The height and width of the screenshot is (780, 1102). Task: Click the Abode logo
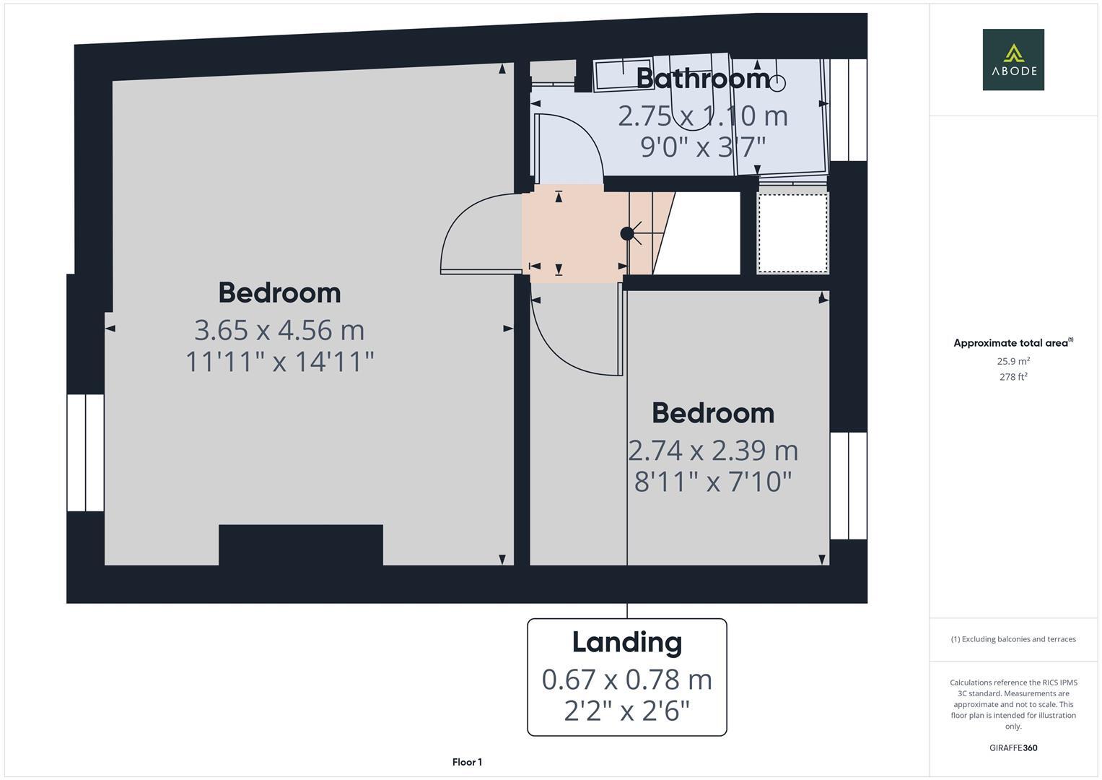[1013, 60]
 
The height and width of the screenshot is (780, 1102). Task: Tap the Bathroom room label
[703, 78]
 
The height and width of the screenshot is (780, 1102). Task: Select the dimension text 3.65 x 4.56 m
[279, 330]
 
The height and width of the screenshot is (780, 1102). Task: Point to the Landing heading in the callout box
[626, 642]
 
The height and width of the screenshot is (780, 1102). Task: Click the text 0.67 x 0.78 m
[626, 680]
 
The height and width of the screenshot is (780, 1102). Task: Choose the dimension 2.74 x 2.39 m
[713, 450]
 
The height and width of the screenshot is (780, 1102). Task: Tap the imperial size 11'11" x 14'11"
[279, 361]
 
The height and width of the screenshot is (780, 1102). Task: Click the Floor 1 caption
[467, 762]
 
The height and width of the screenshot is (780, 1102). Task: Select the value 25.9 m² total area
[1013, 361]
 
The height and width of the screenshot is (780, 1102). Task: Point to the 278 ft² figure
[1013, 377]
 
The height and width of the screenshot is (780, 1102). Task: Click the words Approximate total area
[1010, 343]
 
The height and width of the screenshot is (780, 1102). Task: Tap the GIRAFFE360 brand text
[1013, 748]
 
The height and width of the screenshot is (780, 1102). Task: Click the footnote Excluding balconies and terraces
[1013, 639]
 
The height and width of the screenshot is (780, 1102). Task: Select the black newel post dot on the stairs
[627, 233]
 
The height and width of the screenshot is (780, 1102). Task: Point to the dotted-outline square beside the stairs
[792, 233]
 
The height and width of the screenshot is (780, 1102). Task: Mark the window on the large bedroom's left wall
[86, 453]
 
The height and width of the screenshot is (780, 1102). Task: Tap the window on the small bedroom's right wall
[848, 485]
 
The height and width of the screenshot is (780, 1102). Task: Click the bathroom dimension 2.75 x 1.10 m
[703, 116]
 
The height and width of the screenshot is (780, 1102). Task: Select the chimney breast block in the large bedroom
[300, 545]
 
